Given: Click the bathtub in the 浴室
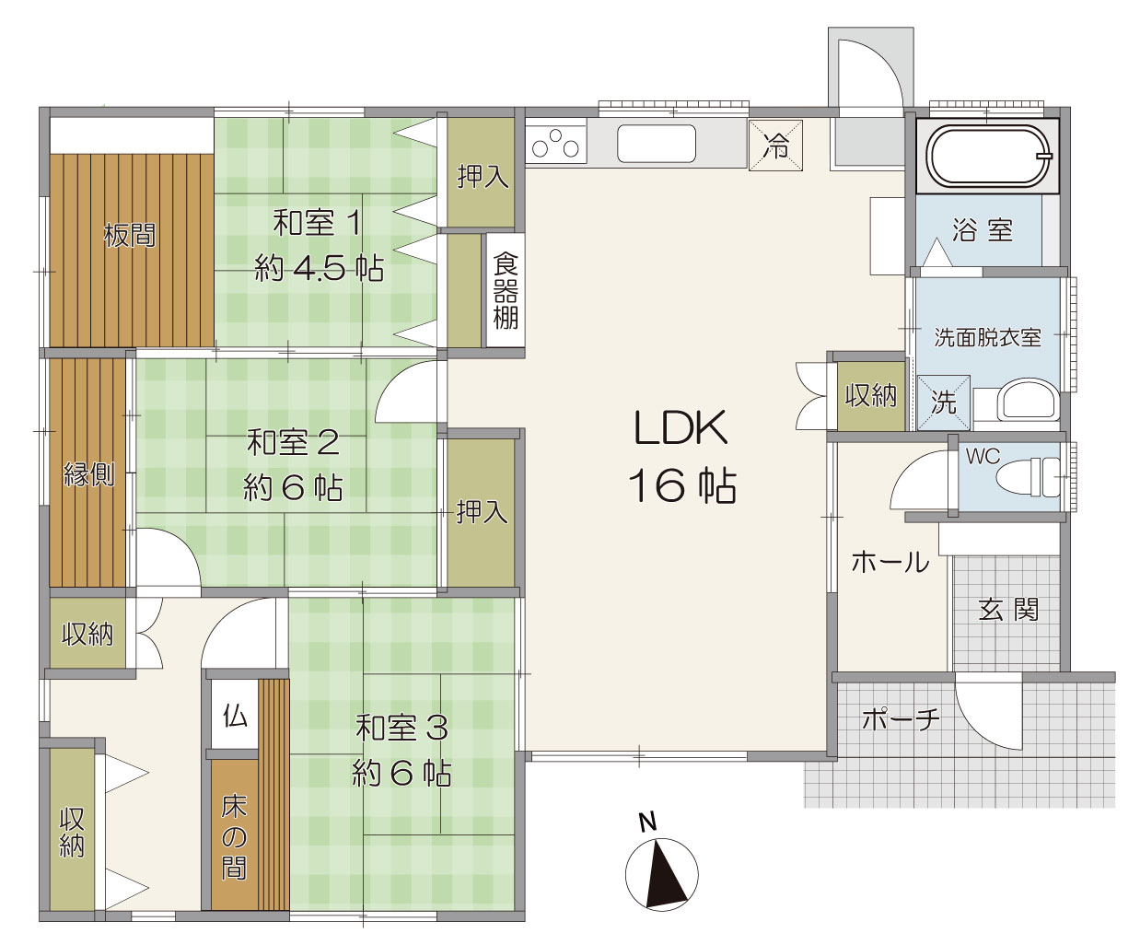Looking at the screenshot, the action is (987, 157).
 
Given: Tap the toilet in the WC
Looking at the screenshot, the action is (1028, 477).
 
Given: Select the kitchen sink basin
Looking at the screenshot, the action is (657, 144).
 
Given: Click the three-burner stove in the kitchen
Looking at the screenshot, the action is (556, 143).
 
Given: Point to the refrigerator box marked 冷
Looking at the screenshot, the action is (775, 146).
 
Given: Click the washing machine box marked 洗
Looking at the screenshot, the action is (944, 402).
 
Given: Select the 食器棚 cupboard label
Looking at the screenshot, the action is (506, 291).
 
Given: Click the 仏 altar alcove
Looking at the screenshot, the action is (235, 716).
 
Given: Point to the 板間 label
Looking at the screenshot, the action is (130, 236).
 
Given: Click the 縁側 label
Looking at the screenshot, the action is (89, 474).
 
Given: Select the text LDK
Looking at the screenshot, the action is (681, 427).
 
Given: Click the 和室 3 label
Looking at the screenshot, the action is (401, 729).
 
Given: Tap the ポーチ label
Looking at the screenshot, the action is (902, 718).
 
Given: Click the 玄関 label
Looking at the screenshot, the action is (1008, 610).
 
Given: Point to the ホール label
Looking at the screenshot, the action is (890, 562).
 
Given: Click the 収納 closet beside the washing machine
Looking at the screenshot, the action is (871, 395).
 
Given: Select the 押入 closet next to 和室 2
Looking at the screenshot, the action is (481, 512).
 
